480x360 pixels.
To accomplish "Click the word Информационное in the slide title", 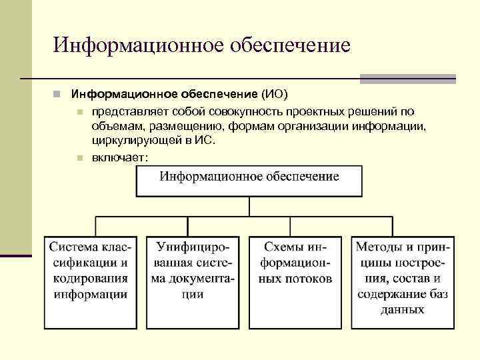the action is point(137,45).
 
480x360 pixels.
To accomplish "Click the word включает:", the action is point(121,157).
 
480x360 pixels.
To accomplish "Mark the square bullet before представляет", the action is point(79,110).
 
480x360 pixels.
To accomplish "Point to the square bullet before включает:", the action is point(79,158).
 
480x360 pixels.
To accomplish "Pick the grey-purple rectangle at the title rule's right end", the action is point(408,79).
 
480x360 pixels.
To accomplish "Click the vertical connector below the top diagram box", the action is point(249,207).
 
